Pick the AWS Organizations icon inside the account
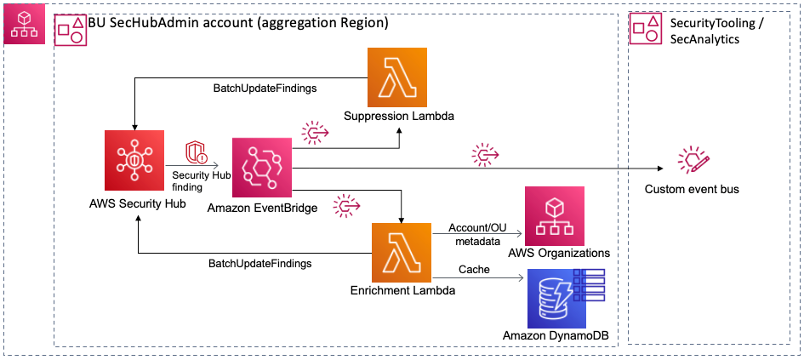point(558,216)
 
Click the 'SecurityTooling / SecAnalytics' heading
point(704,30)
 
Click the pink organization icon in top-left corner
point(20,28)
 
